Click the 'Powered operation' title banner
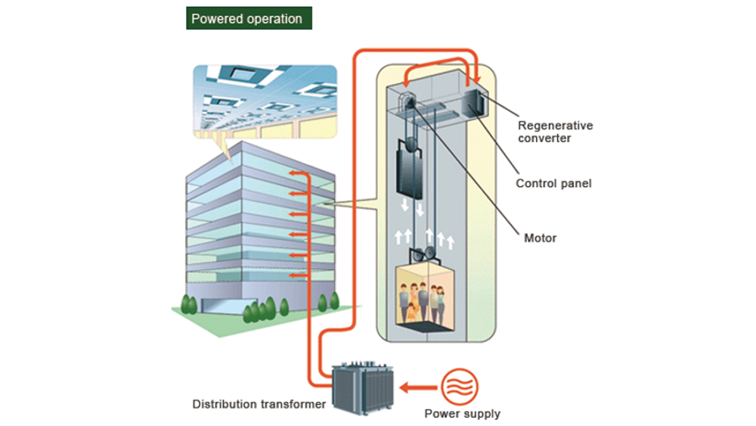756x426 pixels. coord(247,19)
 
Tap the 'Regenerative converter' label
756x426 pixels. coord(555,132)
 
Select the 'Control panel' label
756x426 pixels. coord(553,183)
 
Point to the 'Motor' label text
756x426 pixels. coord(540,238)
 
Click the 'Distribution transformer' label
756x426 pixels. coord(259,404)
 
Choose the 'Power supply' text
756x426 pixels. coord(462,414)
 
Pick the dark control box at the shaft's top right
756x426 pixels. coord(478,102)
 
